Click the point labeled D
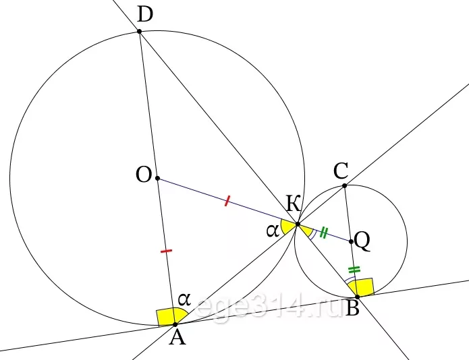coord(140,31)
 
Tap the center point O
coord(158,179)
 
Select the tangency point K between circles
coord(298,224)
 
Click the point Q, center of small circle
coord(351,241)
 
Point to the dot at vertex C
coord(345,186)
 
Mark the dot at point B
coord(357,297)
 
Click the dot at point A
coord(175,324)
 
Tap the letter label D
coord(145,15)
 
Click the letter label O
coord(144,175)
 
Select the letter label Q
coord(362,241)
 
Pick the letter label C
coord(341,171)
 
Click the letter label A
coord(177,338)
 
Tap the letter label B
coord(352,308)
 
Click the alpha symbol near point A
coord(184,299)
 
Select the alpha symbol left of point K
coord(273,231)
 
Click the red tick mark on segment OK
coord(227,201)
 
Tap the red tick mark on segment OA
coord(166,251)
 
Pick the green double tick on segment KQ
coord(324,233)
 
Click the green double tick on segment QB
coord(354,270)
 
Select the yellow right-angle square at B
coord(363,287)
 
